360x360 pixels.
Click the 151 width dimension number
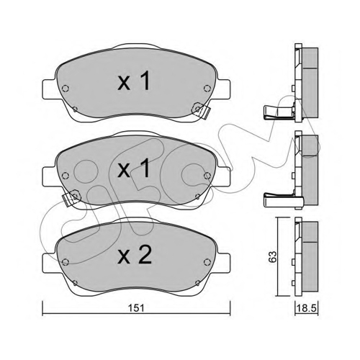click(136, 308)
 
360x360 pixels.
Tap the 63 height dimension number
click(272, 257)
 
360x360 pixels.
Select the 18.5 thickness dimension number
click(306, 308)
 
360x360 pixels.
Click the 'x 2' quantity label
click(135, 256)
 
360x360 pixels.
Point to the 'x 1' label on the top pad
click(134, 81)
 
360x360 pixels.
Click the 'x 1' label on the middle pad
click(134, 168)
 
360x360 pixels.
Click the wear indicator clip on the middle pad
click(71, 197)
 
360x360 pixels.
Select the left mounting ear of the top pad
click(50, 89)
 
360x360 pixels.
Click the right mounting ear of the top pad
click(222, 89)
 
